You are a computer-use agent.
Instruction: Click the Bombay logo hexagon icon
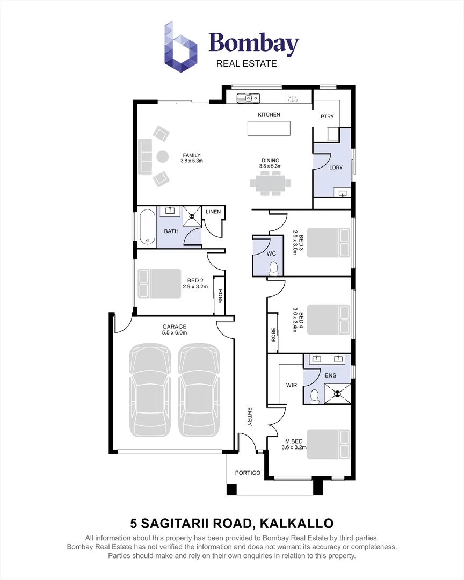coord(180,46)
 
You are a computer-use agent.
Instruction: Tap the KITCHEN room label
coord(269,115)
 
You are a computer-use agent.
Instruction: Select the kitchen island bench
coord(269,129)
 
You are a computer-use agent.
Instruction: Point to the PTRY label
coord(327,117)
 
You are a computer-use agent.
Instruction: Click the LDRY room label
coord(336,168)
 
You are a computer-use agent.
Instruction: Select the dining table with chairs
coord(270,184)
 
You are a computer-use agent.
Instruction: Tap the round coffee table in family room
coord(162,157)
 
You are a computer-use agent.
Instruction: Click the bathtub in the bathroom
coord(147,228)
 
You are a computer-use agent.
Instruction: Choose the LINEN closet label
coord(213,212)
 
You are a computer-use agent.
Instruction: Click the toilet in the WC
coord(274,267)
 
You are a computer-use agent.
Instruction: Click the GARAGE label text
coord(175,327)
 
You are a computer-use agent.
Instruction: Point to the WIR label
coord(292,385)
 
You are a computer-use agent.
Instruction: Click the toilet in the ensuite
coord(315,396)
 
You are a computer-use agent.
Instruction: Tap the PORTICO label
coord(248,473)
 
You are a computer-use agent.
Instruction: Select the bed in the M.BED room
coord(328,444)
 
